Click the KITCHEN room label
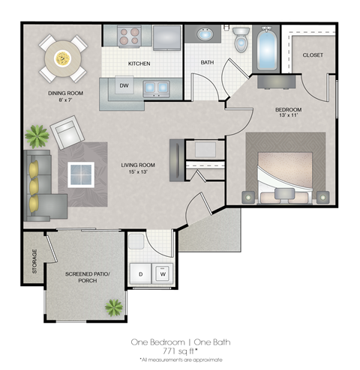[x=139, y=64]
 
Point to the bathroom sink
[x=205, y=34]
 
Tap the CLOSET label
[x=313, y=56]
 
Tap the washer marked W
[x=161, y=274]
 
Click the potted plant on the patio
[x=114, y=306]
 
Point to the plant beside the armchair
[x=35, y=136]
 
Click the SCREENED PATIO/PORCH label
[x=86, y=277]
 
